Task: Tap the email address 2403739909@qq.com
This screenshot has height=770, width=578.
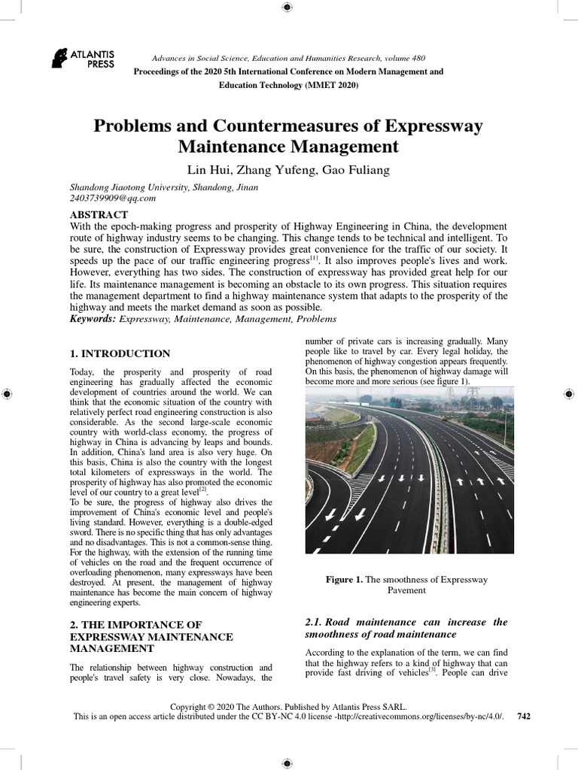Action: click(112, 199)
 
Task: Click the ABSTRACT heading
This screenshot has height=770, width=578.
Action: click(99, 215)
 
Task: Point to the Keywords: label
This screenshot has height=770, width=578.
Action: click(93, 320)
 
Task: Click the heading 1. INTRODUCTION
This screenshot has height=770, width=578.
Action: click(120, 353)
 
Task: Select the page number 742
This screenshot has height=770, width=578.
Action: click(525, 717)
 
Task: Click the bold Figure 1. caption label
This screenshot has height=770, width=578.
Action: click(344, 580)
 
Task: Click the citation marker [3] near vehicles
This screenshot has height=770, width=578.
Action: click(432, 669)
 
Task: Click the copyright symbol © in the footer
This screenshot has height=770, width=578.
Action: click(214, 706)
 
